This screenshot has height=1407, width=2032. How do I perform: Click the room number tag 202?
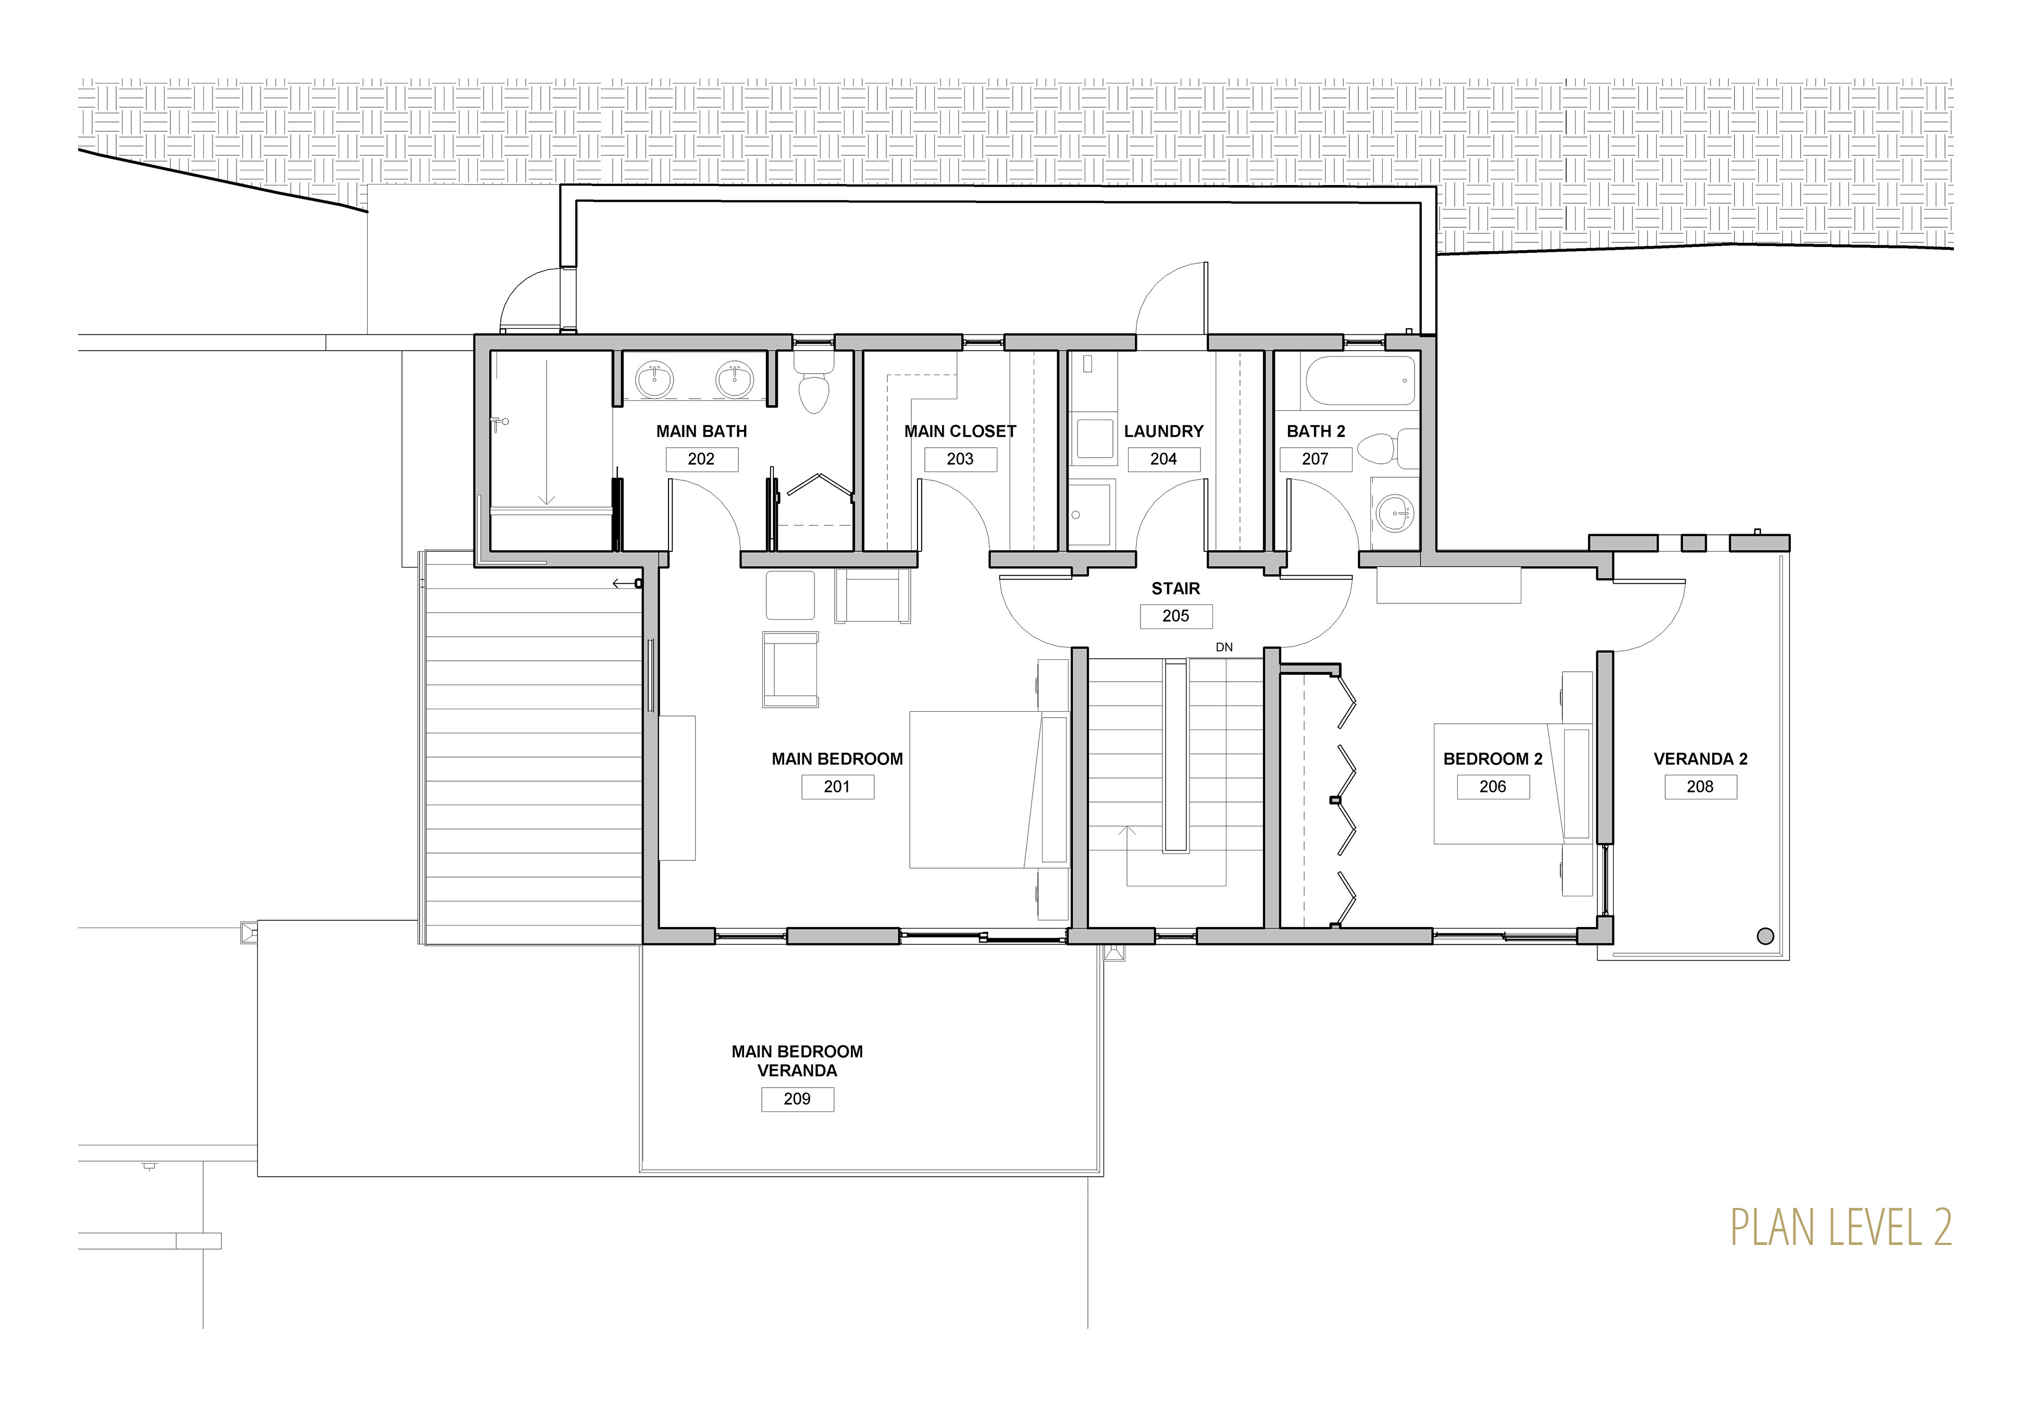tap(701, 459)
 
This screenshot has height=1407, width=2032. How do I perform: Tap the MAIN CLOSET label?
tap(960, 431)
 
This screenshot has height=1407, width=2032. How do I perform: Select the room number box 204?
tap(1163, 459)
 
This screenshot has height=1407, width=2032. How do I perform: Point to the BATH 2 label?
tap(1316, 431)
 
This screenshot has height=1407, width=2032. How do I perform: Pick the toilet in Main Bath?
tap(813, 384)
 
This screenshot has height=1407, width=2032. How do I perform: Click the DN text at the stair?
tap(1224, 647)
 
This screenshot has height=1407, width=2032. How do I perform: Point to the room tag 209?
tap(798, 1100)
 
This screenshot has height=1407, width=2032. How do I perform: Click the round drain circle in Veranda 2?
tap(1765, 937)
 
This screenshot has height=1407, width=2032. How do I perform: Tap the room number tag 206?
tap(1493, 786)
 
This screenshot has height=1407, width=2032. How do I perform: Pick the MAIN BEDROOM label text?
tap(837, 759)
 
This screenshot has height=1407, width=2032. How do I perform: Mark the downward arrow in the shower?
tap(547, 432)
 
